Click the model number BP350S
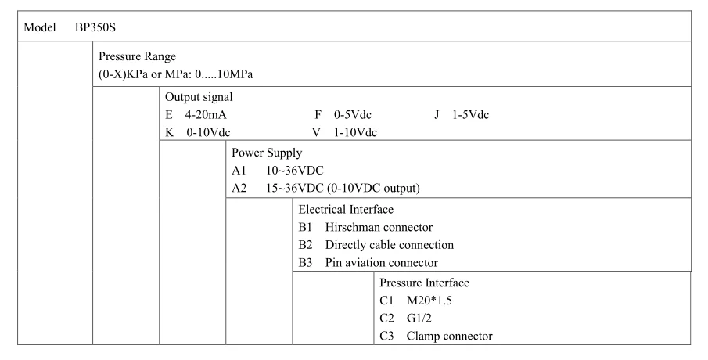[x=95, y=27]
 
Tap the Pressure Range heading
[x=137, y=56]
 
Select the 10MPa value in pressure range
[x=235, y=74]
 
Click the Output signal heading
[x=199, y=97]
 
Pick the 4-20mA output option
[x=206, y=115]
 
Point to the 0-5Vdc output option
[x=353, y=115]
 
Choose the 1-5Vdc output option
[x=470, y=115]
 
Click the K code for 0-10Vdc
[x=169, y=132]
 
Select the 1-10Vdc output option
[x=355, y=132]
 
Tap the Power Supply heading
[x=267, y=153]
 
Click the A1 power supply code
[x=239, y=171]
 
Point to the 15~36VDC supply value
[x=294, y=188]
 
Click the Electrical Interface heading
[x=346, y=209]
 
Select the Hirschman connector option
[x=379, y=227]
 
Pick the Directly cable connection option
[x=390, y=245]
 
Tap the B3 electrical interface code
[x=305, y=262]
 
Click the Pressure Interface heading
[x=425, y=283]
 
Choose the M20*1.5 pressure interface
[x=429, y=301]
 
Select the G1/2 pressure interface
[x=419, y=319]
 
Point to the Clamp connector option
[x=449, y=336]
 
